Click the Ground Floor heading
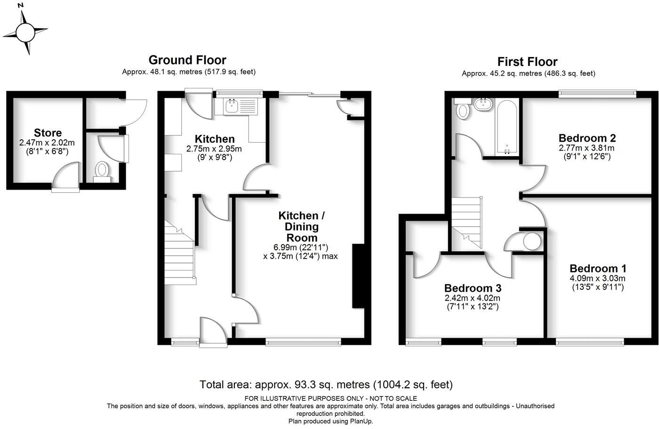187,60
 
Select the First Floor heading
527,62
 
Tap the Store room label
48,133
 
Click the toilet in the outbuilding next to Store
102,170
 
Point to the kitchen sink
232,106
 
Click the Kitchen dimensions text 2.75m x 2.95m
214,149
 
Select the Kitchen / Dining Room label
298,226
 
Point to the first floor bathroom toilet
463,110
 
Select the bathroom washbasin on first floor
483,104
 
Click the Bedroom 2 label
587,138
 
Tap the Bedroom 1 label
598,268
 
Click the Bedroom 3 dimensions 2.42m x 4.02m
473,298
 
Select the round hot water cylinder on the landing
532,242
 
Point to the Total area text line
326,385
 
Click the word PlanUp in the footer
362,421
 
